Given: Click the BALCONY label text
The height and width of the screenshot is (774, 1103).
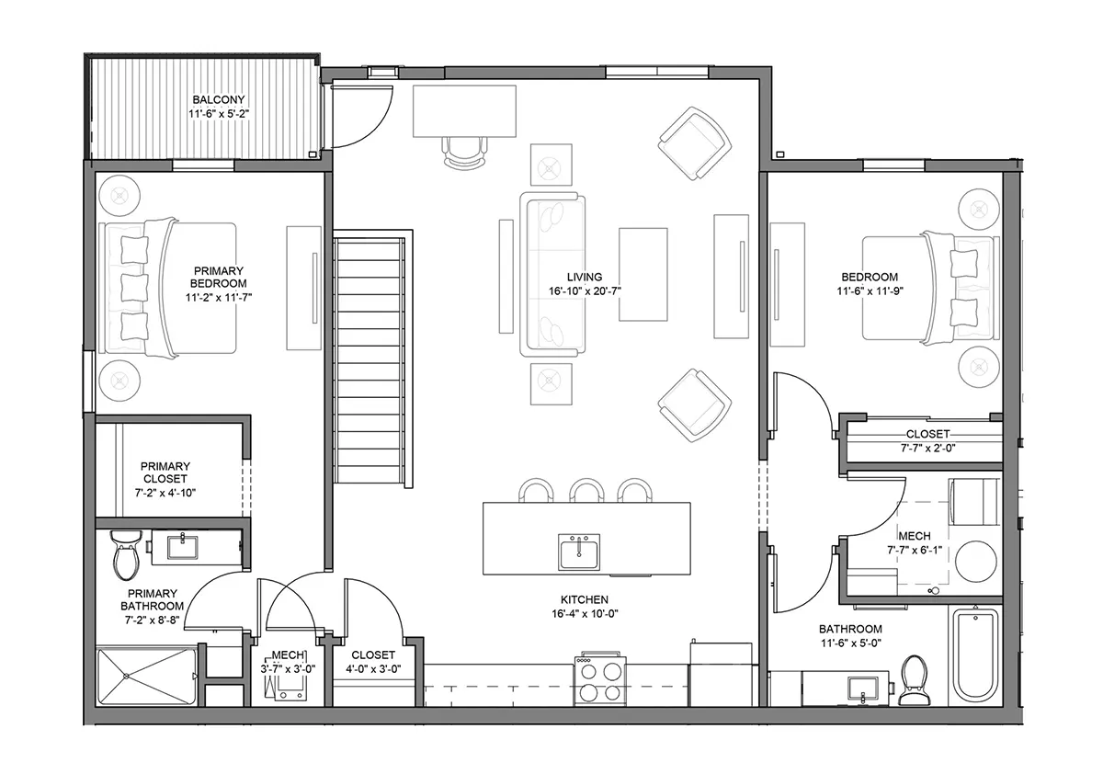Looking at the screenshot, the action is (x=219, y=99).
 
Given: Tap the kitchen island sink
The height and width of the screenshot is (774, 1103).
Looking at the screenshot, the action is (x=579, y=552).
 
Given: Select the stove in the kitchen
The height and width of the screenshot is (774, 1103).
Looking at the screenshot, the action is (x=599, y=681).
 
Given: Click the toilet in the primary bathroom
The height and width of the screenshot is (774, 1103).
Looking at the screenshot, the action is (x=126, y=555).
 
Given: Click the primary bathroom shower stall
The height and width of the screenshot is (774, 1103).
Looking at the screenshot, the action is (x=146, y=677).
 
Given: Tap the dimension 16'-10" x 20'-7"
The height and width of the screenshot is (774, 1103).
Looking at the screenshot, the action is (x=585, y=291).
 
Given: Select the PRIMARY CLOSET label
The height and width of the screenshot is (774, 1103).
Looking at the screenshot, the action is (x=165, y=472).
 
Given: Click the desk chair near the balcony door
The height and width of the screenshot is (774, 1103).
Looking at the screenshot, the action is (x=464, y=153).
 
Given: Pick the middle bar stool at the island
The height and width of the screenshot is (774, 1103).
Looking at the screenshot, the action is (x=586, y=490).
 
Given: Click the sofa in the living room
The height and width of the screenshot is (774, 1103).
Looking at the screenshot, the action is (x=553, y=274).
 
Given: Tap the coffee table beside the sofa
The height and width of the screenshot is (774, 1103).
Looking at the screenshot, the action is (x=643, y=274).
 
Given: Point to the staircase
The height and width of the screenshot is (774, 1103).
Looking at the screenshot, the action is (x=369, y=360).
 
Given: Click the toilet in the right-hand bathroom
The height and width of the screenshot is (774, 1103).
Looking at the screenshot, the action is (x=914, y=679).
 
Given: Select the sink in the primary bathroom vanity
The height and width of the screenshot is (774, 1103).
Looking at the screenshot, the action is (x=183, y=548).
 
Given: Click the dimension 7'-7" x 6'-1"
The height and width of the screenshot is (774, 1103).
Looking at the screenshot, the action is (x=915, y=550).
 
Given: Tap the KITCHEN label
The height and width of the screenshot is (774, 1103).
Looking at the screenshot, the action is (x=585, y=599).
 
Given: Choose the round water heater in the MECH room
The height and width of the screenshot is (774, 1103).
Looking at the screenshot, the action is (x=976, y=563).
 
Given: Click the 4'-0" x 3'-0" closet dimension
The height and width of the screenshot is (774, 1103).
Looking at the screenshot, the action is (x=373, y=669).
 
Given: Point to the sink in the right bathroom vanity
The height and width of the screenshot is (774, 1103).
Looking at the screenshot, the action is (x=863, y=689).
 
